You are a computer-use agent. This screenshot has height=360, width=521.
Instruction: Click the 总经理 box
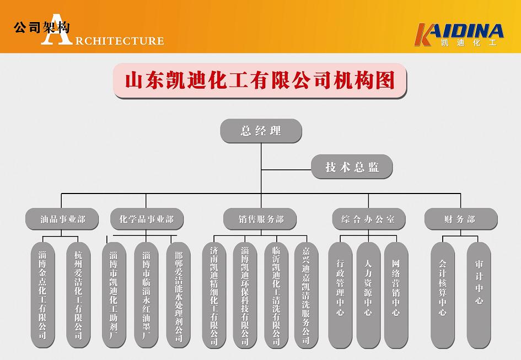pyautogui.click(x=261, y=131)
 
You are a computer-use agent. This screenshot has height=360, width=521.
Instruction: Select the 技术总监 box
pyautogui.click(x=352, y=167)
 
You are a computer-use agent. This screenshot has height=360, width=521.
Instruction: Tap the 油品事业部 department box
pyautogui.click(x=62, y=219)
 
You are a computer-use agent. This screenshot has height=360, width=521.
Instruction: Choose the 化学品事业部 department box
pyautogui.click(x=146, y=219)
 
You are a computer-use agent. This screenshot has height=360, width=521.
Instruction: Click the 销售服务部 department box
pyautogui.click(x=261, y=219)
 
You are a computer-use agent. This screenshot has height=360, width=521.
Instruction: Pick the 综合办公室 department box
pyautogui.click(x=369, y=219)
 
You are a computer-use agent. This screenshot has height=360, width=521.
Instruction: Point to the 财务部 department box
pyautogui.click(x=460, y=219)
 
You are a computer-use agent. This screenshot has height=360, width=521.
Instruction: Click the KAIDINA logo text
pyautogui.click(x=460, y=31)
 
